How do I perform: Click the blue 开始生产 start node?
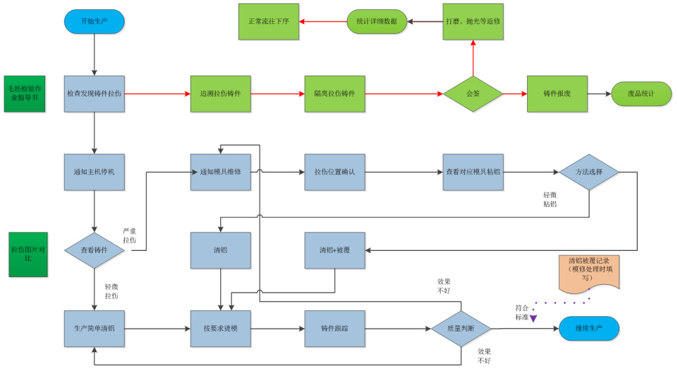tap(94, 21)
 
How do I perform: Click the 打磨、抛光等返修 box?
tap(473, 21)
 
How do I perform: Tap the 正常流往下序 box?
tap(268, 21)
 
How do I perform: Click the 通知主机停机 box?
tap(94, 172)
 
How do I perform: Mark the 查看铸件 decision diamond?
tap(94, 250)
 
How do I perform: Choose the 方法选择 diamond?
tap(589, 172)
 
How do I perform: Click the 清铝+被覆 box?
tap(334, 250)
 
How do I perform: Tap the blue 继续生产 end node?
tap(589, 329)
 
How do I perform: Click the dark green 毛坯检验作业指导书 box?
tap(24, 93)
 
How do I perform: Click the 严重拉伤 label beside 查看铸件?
tap(130, 236)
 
